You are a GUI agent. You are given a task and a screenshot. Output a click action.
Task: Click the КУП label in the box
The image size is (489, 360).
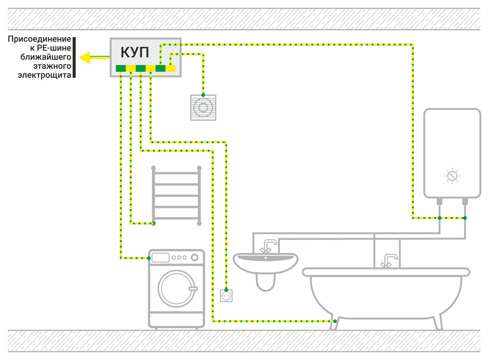(135, 53)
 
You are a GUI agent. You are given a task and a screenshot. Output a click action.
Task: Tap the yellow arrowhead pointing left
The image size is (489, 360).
(85, 57)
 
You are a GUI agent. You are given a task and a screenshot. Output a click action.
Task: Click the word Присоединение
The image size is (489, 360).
(40, 39)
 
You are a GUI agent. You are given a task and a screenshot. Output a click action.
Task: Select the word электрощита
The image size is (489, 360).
(44, 75)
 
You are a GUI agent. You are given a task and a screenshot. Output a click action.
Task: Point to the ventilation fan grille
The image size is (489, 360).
(203, 108)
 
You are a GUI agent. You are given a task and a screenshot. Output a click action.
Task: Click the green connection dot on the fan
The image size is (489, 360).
(203, 95)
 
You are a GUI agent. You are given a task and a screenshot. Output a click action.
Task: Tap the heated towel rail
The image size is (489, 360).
(176, 196)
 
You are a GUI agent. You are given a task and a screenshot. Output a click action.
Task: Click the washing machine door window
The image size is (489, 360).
(176, 289)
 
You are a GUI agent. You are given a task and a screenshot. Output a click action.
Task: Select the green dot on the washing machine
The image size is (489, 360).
(149, 258)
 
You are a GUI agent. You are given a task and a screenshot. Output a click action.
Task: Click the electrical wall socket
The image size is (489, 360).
(226, 296)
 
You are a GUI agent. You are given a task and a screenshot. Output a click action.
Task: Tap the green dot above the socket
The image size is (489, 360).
(226, 290)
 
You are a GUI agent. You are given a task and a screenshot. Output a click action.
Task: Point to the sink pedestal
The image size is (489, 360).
(265, 282)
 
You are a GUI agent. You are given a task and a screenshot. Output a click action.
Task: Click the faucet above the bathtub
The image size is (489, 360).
(389, 261)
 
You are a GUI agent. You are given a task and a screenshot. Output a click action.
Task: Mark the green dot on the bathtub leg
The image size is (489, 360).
(335, 321)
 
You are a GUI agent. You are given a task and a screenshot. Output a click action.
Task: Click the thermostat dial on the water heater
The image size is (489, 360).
(452, 176)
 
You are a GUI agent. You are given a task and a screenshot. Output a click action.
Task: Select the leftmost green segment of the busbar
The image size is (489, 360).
(121, 68)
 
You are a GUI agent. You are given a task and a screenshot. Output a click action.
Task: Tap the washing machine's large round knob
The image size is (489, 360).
(194, 258)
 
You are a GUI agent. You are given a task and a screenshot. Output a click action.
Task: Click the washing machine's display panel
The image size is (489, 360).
(161, 258)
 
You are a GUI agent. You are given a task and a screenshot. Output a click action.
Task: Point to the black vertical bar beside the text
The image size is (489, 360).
(74, 57)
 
